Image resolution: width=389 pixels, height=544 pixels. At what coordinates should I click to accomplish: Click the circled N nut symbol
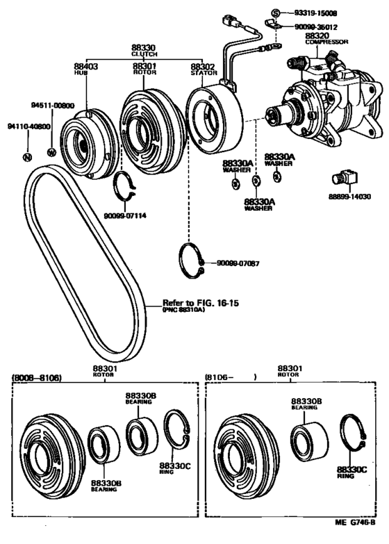[x=27, y=157]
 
